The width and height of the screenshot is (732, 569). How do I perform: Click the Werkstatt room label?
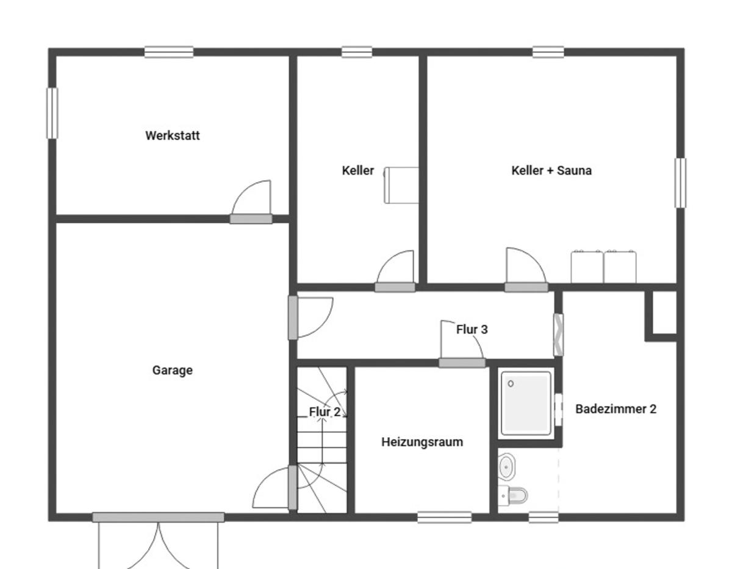point(173,136)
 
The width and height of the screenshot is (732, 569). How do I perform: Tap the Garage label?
point(173,370)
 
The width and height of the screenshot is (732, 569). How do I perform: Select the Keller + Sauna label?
point(551,170)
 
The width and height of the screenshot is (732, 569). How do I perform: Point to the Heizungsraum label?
point(422,442)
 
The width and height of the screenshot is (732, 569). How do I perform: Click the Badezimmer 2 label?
point(615,409)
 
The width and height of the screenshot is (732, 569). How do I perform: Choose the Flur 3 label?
point(472,329)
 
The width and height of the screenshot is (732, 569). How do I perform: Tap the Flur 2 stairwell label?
point(325,411)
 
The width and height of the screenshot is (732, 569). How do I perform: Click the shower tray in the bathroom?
point(526,403)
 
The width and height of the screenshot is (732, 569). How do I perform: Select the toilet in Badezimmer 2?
point(512,496)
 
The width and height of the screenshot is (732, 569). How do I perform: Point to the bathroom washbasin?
point(507,467)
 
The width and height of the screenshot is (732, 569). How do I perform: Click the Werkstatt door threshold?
point(251,219)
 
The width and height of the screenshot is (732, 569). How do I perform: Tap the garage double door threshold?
point(159,518)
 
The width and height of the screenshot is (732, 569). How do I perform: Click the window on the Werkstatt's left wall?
point(52,114)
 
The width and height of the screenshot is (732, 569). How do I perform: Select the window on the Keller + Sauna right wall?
point(681,183)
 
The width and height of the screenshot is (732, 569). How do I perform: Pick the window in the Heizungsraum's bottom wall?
point(444,518)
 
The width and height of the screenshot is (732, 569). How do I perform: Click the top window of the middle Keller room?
point(357,53)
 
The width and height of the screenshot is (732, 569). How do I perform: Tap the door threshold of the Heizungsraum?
point(462,363)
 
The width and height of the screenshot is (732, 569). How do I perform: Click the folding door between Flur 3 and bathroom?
point(558,335)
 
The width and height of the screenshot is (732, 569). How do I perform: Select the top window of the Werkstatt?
point(169,53)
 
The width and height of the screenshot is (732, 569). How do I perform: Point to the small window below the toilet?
point(544,518)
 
